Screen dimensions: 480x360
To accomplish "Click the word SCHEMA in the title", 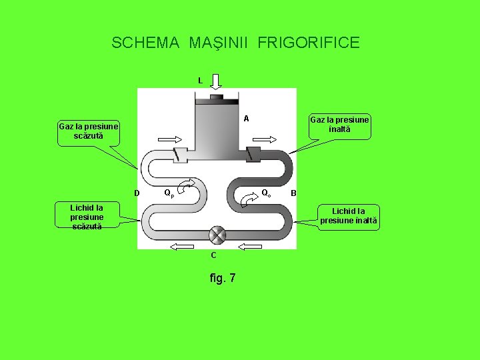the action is pos(145,43).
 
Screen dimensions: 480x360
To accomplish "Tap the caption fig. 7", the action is pos(222,277).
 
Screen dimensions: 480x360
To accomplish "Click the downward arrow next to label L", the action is pos(216,81).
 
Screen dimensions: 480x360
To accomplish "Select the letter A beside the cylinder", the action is pos(246,119).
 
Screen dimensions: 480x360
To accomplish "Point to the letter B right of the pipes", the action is pos(293,194).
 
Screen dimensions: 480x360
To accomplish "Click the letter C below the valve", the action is pos(213,255).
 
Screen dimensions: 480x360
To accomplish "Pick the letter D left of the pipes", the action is pos(137,194).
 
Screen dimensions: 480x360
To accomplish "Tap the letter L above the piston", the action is pos(200,81).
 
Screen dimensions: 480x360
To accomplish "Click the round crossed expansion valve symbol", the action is pos(217,235).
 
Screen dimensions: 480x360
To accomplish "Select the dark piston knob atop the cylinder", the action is pos(216,98).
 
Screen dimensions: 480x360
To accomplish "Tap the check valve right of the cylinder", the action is pos(253,153).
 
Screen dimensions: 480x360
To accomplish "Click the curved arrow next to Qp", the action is pos(188,183).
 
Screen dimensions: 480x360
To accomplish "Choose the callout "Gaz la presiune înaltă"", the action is pos(339,125).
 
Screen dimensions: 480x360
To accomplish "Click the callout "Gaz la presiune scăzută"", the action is pos(89,131).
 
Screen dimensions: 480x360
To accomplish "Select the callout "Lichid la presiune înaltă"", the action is pos(348,216).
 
